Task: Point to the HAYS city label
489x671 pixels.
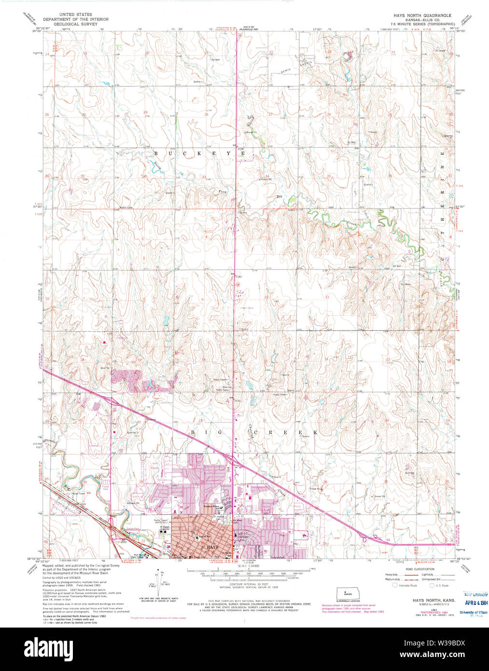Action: tap(212, 547)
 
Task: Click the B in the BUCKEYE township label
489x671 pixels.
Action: tap(156, 153)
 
